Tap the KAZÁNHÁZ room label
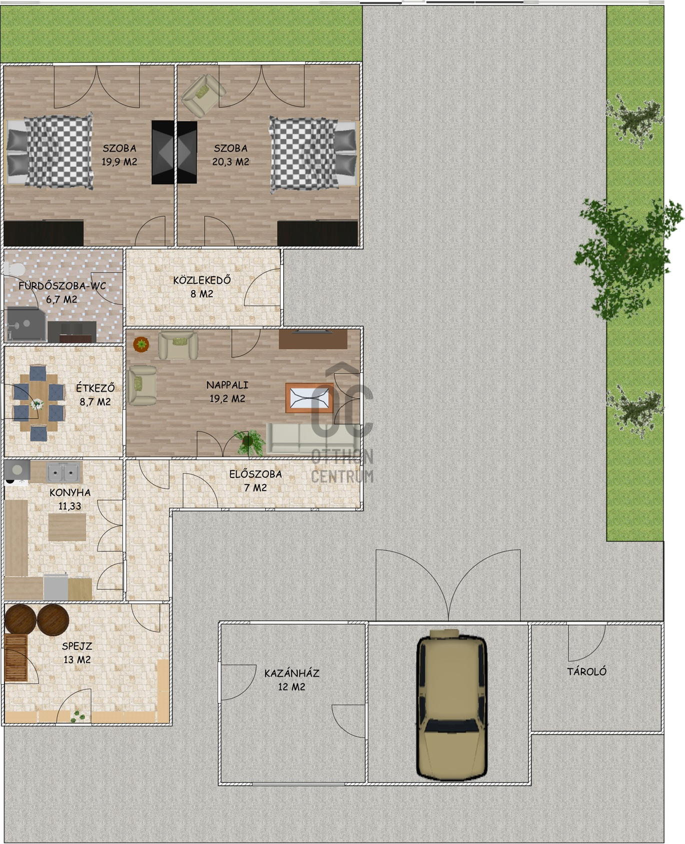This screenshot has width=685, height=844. coord(292,673)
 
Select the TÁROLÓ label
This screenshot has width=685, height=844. coord(586,671)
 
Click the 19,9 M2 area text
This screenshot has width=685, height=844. coord(119,161)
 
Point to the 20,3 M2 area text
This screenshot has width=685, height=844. coord(231,161)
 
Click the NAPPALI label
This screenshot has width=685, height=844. coord(227,385)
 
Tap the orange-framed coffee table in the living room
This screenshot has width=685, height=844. coord(309,398)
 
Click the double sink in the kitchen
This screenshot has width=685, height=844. coord(64,472)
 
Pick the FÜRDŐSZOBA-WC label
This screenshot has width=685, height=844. coord(62,286)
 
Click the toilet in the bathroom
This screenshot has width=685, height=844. coord(14,268)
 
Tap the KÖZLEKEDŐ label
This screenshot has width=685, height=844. coord(202,280)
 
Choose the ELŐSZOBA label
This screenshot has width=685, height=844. coord(256,474)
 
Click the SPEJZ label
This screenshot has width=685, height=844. coord(77,646)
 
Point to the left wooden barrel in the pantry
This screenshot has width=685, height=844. coord(20,619)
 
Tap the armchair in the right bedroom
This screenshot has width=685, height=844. coord(203,95)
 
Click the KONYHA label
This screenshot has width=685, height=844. coord(70,492)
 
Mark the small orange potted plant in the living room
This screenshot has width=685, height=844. coord(141,344)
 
